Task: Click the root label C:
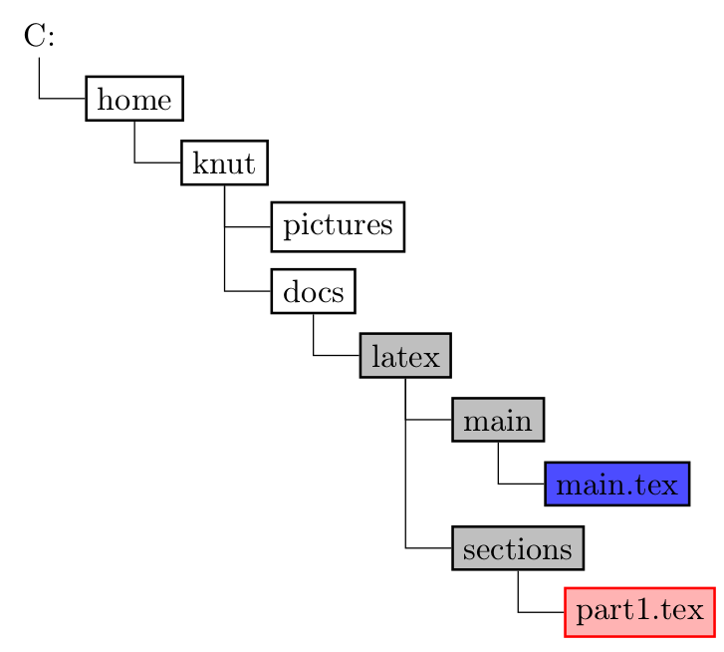tap(39, 37)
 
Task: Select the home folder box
tap(134, 98)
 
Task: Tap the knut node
tap(224, 163)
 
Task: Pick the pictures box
tap(338, 226)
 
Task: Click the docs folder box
tap(313, 291)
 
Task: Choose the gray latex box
tap(405, 356)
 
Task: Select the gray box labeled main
tap(498, 420)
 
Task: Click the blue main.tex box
tap(617, 485)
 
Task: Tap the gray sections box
tap(518, 548)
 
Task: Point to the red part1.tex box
tap(640, 612)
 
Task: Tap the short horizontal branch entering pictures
tap(249, 227)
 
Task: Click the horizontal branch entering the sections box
tap(428, 548)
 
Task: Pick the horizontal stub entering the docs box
tap(249, 291)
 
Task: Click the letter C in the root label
tap(33, 37)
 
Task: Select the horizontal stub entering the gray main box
tap(429, 420)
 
